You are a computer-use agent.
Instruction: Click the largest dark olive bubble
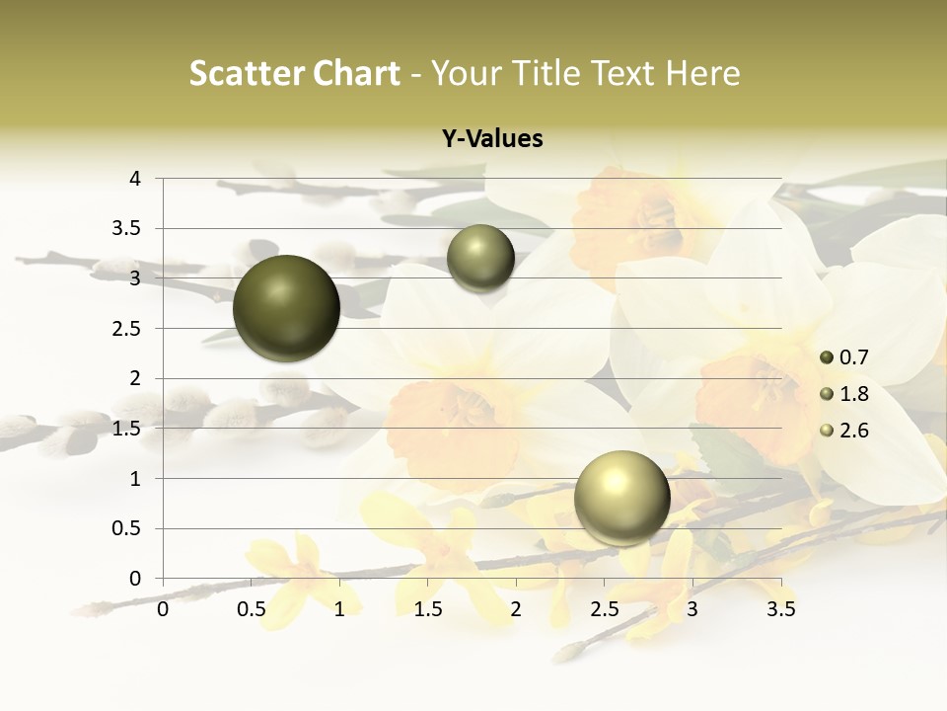click(287, 308)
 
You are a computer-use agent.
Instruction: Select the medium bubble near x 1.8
click(480, 259)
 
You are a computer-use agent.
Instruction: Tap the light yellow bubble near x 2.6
click(621, 498)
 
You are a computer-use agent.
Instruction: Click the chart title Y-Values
click(492, 139)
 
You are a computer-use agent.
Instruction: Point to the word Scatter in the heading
click(245, 73)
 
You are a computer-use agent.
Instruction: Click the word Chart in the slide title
click(356, 73)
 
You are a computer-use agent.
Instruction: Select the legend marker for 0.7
click(827, 357)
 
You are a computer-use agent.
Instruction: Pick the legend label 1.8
click(853, 394)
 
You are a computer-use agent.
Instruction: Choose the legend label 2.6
click(853, 431)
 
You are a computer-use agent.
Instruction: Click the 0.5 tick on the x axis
click(252, 609)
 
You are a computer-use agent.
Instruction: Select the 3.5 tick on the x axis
click(780, 609)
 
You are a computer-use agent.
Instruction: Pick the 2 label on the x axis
click(516, 609)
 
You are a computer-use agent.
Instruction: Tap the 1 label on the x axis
click(339, 609)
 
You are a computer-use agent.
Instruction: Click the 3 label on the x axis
click(692, 609)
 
